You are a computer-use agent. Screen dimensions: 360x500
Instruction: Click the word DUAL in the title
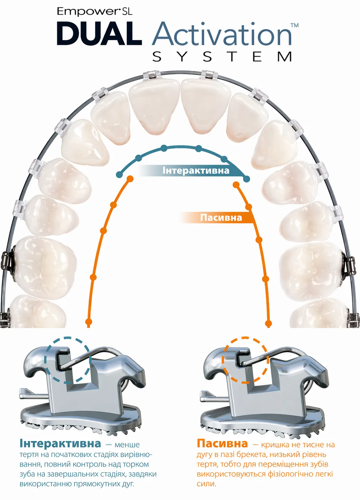pyautogui.click(x=99, y=33)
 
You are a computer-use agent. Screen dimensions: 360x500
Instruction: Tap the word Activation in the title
pyautogui.click(x=222, y=33)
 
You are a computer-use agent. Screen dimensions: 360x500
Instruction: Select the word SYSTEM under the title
pyautogui.click(x=222, y=57)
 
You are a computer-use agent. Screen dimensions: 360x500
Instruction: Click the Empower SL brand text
pyautogui.click(x=94, y=11)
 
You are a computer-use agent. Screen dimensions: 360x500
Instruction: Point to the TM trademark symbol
pyautogui.click(x=294, y=25)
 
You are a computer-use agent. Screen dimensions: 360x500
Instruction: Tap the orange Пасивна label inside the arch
pyautogui.click(x=221, y=218)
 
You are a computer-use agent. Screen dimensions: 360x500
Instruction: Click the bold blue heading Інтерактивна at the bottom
pyautogui.click(x=60, y=444)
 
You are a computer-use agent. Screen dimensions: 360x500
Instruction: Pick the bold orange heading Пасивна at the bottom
pyautogui.click(x=222, y=444)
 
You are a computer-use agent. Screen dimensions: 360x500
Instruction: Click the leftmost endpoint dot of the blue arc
pyautogui.click(x=120, y=174)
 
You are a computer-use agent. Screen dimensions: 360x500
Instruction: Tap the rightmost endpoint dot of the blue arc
pyautogui.click(x=246, y=178)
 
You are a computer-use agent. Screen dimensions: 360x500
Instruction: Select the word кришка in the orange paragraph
pyautogui.click(x=275, y=445)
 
